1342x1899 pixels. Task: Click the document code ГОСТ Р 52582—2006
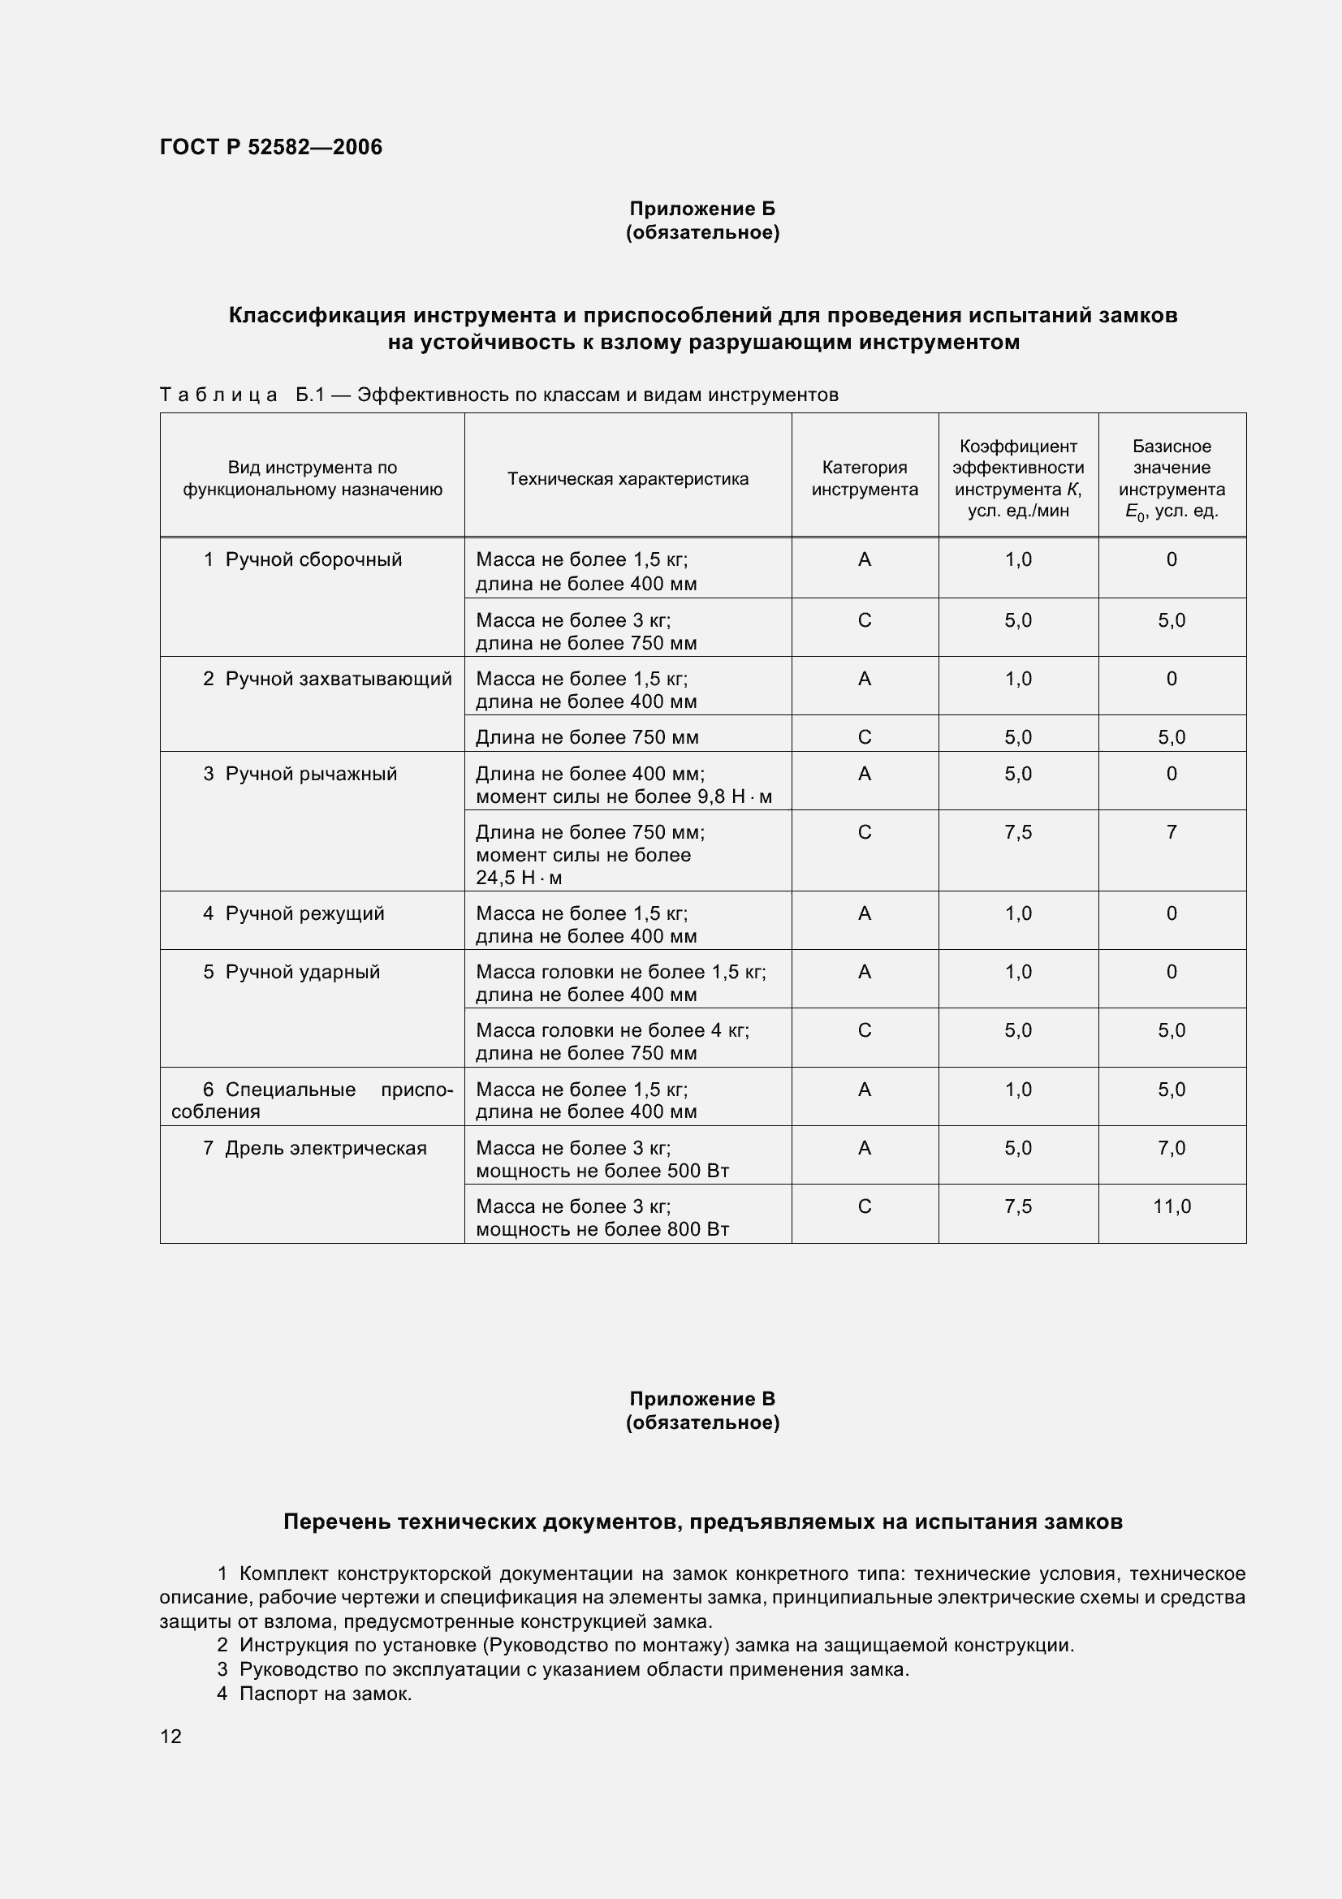pos(270,147)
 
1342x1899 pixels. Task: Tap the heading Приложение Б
pos(702,209)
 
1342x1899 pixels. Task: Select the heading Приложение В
pos(702,1399)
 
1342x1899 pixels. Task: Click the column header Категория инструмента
pos(864,478)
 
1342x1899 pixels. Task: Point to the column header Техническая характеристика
pos(628,479)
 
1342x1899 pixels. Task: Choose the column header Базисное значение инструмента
pos(1172,478)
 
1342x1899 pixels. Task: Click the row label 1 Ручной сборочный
pos(303,560)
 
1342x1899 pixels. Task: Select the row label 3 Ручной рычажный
pos(300,775)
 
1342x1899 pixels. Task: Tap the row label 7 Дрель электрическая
pos(315,1148)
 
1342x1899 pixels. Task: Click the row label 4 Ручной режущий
pos(295,914)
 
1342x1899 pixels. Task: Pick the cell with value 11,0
pos(1172,1206)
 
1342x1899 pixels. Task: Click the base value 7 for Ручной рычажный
pos(1172,832)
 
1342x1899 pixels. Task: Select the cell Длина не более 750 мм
pos(587,737)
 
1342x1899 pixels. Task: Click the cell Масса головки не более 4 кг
pos(612,1042)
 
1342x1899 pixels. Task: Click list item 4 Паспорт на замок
pos(314,1694)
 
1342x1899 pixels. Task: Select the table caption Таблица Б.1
pos(498,395)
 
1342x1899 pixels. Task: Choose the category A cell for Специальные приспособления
pos(864,1090)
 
